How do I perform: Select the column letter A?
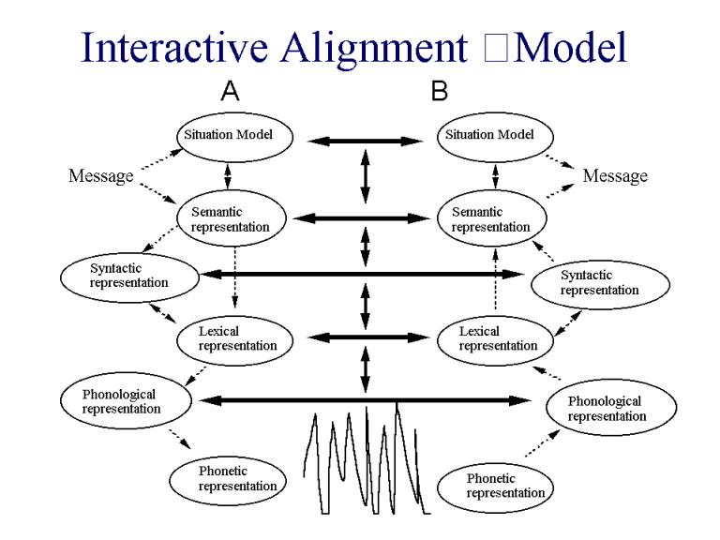pyautogui.click(x=229, y=92)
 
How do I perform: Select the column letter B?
pyautogui.click(x=439, y=92)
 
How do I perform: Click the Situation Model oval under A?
pyautogui.click(x=235, y=136)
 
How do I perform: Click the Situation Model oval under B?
pyautogui.click(x=493, y=136)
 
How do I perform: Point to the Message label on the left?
pyautogui.click(x=100, y=176)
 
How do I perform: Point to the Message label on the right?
pyautogui.click(x=614, y=176)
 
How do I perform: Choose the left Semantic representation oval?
pyautogui.click(x=235, y=219)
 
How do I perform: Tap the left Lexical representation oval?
pyautogui.click(x=235, y=337)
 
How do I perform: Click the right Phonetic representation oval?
pyautogui.click(x=495, y=486)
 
